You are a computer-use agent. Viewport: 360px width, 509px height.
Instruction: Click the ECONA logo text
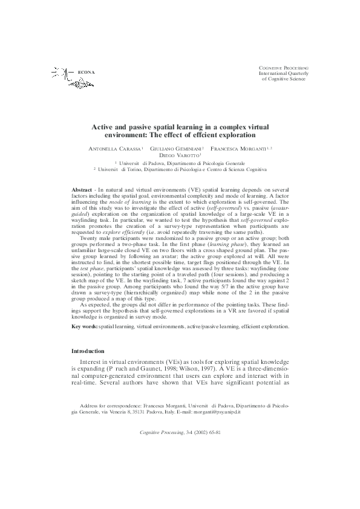point(87,73)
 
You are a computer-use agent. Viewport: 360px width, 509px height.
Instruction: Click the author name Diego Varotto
point(180,155)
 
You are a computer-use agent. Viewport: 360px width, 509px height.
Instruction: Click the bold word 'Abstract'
point(82,190)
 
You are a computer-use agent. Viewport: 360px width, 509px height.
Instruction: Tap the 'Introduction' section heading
point(88,351)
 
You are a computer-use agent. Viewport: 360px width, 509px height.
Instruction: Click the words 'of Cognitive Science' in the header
point(284,79)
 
